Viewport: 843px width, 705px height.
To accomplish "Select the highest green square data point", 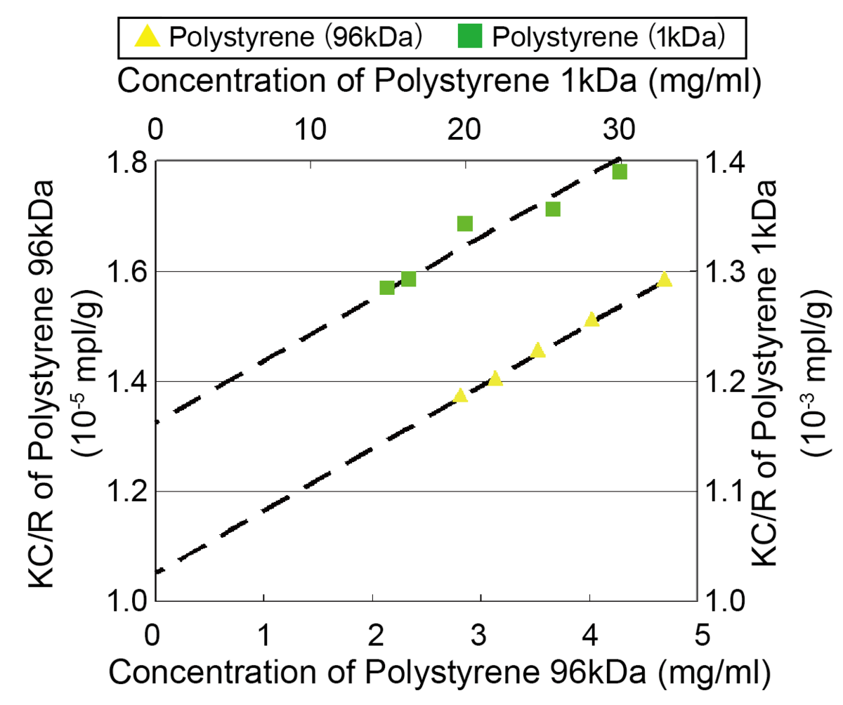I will click(619, 172).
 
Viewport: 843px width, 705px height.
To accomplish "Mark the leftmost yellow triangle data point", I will click(460, 396).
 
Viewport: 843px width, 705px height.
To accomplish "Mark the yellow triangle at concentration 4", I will click(591, 320).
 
